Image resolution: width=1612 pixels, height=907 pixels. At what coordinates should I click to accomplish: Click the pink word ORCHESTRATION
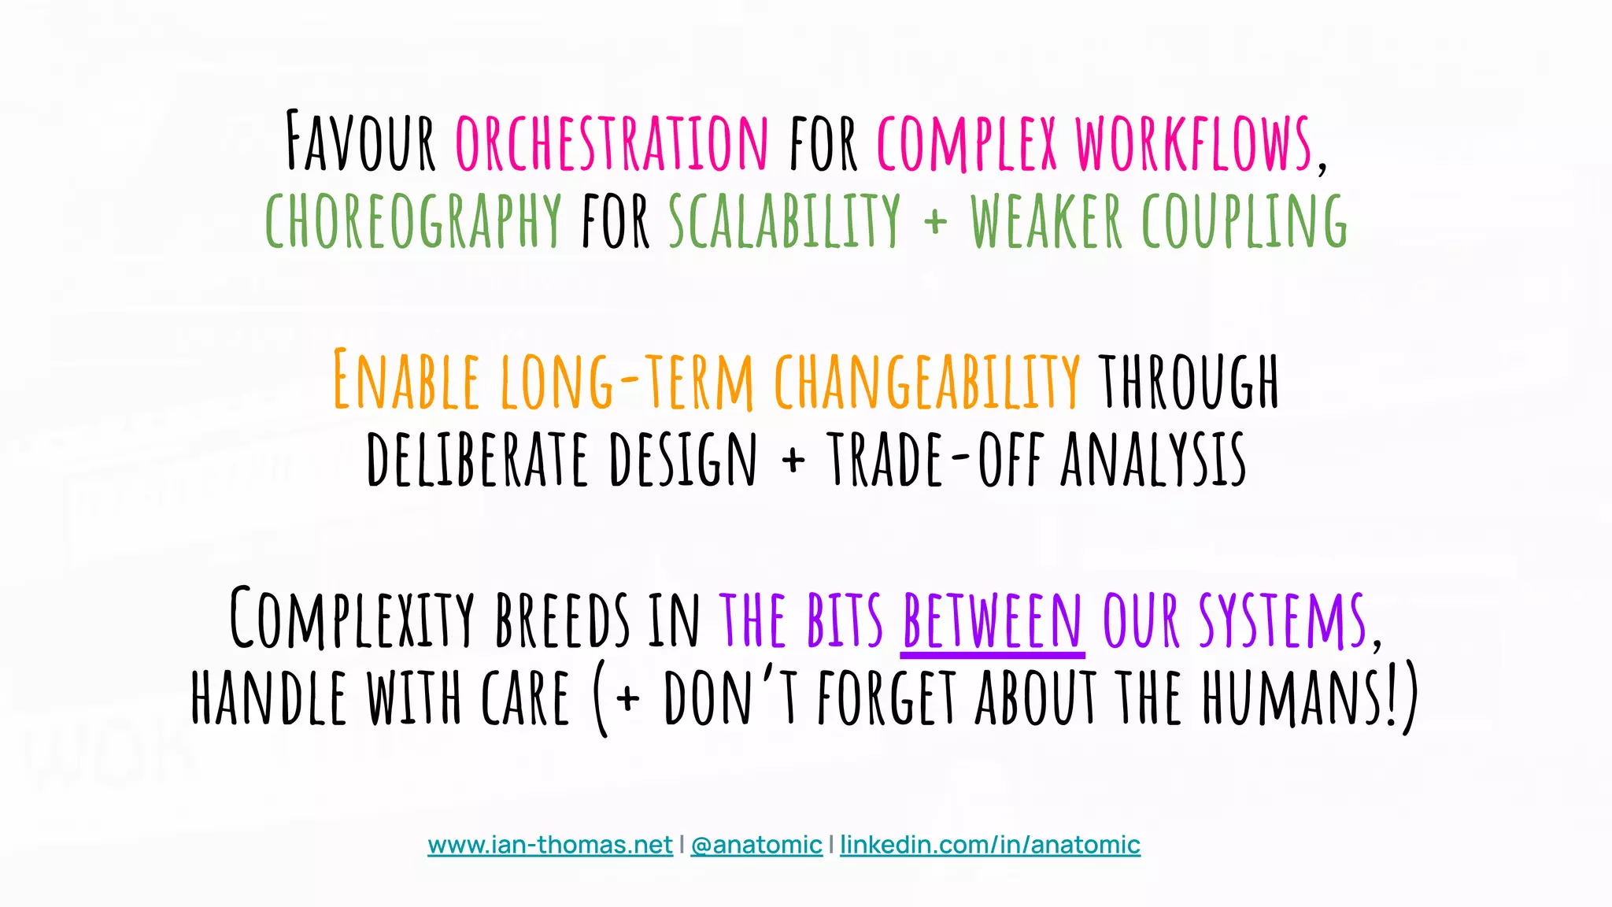[x=612, y=143]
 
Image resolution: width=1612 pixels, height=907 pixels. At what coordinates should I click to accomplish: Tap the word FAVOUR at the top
[x=360, y=143]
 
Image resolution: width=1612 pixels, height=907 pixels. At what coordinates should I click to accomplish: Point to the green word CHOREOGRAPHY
[x=413, y=221]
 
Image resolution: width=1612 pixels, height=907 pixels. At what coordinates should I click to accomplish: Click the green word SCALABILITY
[x=784, y=221]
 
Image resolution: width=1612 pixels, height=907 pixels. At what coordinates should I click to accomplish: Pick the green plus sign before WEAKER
[x=935, y=222]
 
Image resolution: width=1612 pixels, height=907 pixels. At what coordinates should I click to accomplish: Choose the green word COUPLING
[x=1244, y=221]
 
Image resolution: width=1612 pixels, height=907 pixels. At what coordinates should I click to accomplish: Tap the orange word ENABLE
[x=406, y=380]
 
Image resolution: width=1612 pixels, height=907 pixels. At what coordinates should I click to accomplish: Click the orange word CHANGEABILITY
[x=927, y=380]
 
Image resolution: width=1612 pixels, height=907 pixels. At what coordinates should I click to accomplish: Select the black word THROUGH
[x=1189, y=380]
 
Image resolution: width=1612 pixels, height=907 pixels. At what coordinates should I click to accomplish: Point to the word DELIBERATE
[x=477, y=459]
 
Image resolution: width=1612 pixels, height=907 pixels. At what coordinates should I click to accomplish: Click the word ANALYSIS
[x=1153, y=459]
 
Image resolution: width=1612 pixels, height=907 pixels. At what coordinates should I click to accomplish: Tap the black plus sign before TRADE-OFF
[x=793, y=460]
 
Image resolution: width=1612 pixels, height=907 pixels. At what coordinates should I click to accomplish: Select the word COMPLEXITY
[x=352, y=620]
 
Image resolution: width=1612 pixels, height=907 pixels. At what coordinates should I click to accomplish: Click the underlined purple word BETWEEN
[x=993, y=620]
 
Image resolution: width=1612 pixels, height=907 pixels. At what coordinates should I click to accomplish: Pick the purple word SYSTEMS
[x=1283, y=620]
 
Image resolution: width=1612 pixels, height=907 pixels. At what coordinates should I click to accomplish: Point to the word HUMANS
[x=1291, y=698]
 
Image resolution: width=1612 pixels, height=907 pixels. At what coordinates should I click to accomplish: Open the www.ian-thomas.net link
[x=550, y=845]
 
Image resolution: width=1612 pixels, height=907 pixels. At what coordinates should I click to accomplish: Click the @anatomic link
[x=756, y=845]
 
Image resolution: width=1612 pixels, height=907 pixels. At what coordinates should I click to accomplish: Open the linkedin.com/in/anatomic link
[x=990, y=845]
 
